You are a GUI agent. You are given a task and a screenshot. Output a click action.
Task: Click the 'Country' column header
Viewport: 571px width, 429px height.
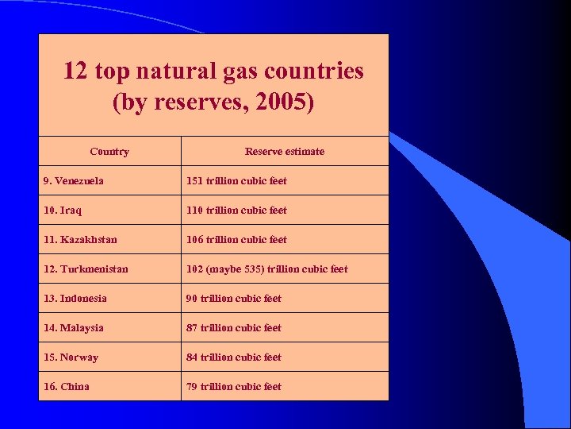109,151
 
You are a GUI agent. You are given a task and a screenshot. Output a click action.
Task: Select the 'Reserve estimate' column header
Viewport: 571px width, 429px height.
285,151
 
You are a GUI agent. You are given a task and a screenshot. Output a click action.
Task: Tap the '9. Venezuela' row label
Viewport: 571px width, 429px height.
73,180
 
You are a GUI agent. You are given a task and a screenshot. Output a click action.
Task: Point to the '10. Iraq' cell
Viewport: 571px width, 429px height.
62,210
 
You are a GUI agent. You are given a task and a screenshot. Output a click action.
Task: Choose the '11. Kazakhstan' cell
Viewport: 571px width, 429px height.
79,239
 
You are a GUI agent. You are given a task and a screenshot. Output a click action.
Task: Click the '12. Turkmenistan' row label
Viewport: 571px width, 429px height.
86,269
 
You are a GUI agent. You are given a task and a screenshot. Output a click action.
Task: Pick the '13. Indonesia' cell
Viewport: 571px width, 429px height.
75,298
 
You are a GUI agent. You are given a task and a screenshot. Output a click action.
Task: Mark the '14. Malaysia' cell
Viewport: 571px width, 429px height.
73,327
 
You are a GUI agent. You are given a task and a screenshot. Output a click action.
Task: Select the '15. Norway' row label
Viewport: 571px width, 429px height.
71,357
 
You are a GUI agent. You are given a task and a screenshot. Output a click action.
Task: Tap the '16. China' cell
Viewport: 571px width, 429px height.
66,386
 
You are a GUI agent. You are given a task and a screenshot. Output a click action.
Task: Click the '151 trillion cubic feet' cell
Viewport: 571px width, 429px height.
236,180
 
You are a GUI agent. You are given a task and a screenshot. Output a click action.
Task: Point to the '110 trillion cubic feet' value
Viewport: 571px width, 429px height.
236,210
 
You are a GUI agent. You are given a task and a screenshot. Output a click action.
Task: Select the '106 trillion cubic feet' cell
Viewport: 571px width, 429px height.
236,239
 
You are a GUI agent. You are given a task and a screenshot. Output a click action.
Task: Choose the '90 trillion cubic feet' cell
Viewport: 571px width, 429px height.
233,298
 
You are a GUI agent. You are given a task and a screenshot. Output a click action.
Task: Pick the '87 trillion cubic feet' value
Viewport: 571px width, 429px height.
233,327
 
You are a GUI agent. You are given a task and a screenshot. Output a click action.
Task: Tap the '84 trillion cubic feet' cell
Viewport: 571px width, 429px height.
233,357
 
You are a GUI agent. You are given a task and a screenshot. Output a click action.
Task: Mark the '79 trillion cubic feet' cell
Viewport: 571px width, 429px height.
233,386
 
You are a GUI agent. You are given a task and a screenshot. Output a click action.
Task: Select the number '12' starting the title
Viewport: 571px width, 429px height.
75,71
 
